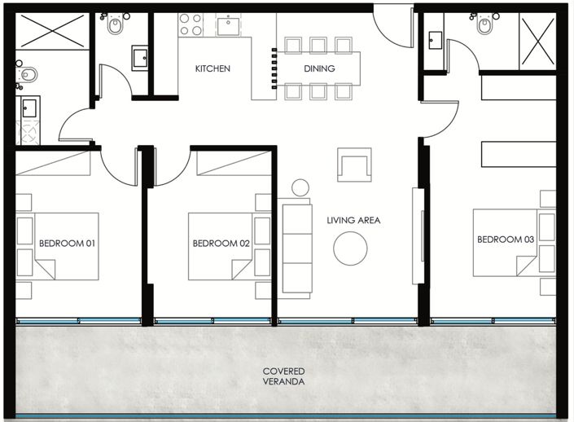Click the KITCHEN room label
[213, 68]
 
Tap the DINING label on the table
[319, 68]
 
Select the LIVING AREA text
[353, 220]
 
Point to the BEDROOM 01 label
[67, 244]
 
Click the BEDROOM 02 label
[221, 244]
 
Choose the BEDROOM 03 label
[506, 240]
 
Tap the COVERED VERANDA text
[283, 376]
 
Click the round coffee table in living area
[350, 248]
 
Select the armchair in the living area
[354, 165]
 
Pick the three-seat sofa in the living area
[297, 248]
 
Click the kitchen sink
[228, 25]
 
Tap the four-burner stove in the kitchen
[191, 25]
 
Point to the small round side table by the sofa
[300, 187]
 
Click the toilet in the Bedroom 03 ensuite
[484, 24]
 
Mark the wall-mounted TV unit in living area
[418, 236]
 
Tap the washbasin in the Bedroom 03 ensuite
[436, 40]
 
